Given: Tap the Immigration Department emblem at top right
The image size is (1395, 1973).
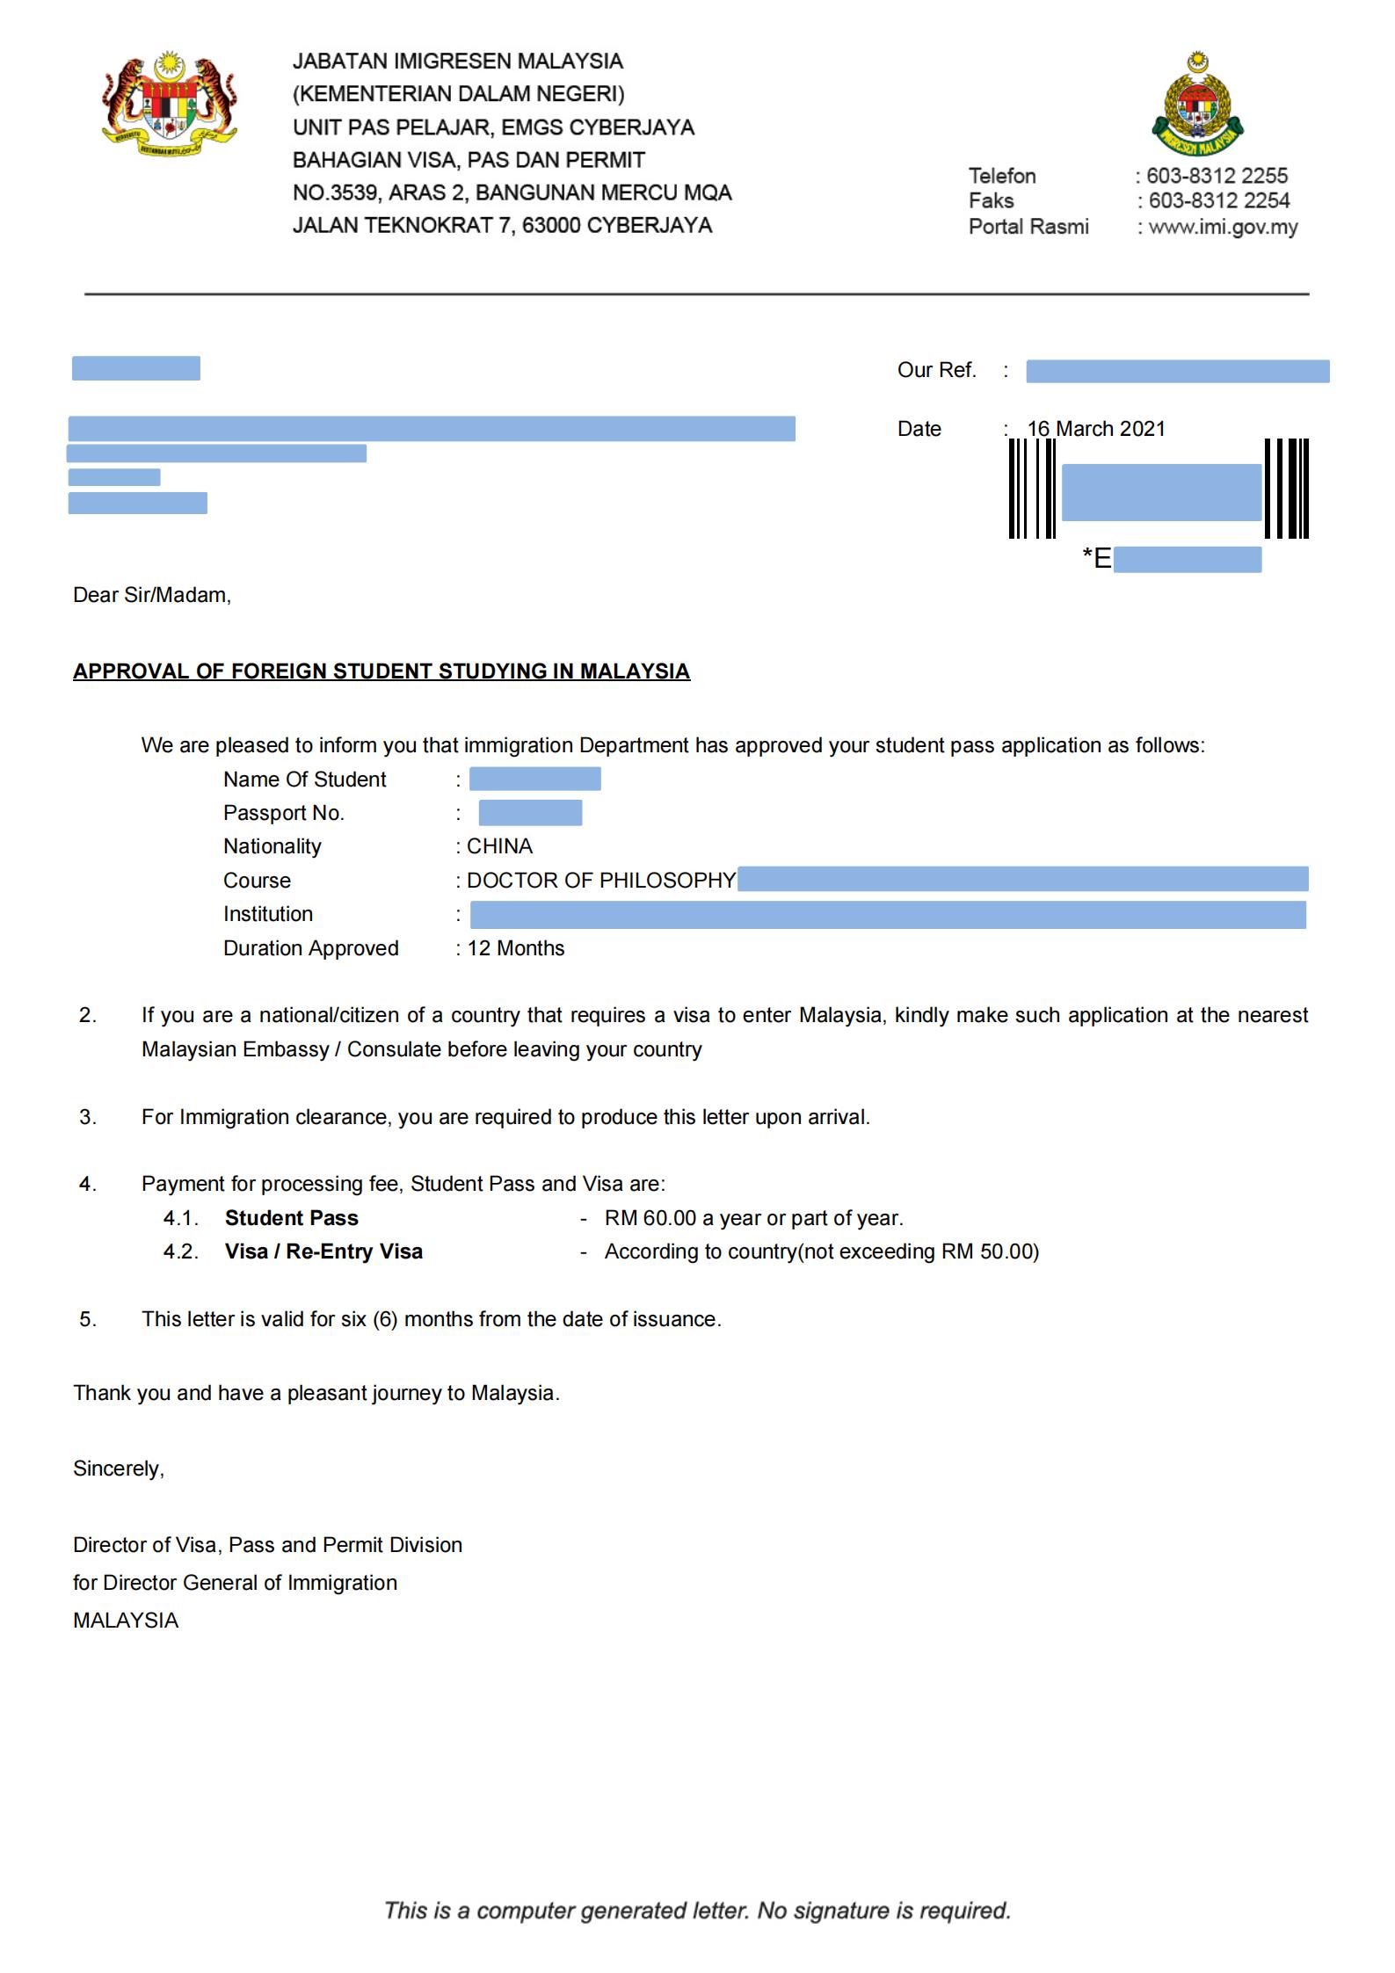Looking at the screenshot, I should tap(1197, 104).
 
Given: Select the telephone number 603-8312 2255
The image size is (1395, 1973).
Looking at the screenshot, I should tap(1217, 176).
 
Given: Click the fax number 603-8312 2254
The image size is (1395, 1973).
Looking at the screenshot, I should tap(1218, 201).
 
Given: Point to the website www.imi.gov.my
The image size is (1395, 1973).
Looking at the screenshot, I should tap(1223, 228).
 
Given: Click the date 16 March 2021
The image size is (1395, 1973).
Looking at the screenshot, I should tap(1096, 429).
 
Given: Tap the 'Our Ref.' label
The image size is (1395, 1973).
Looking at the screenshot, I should tap(936, 370).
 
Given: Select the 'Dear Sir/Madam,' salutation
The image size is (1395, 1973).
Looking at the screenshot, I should tap(152, 595).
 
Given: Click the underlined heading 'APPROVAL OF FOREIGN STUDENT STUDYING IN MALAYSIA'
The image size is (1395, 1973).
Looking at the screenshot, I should tap(381, 671).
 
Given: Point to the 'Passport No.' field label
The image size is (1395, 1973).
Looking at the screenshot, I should tap(283, 813).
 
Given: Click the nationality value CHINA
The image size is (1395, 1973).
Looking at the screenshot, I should tap(499, 846).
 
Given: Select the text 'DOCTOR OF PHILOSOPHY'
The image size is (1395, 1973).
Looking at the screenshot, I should tap(601, 881).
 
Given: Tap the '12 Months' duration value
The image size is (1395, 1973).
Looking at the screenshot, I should tap(516, 948).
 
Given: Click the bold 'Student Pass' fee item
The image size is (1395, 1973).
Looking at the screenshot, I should tap(292, 1218).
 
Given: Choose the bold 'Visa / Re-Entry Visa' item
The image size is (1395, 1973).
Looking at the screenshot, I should tap(323, 1251).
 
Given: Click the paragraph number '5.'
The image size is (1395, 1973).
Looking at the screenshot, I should tap(88, 1319).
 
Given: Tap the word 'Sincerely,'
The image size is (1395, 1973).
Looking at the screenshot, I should tap(119, 1469).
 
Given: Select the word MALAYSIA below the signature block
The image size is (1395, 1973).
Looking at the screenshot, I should tap(126, 1621).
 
